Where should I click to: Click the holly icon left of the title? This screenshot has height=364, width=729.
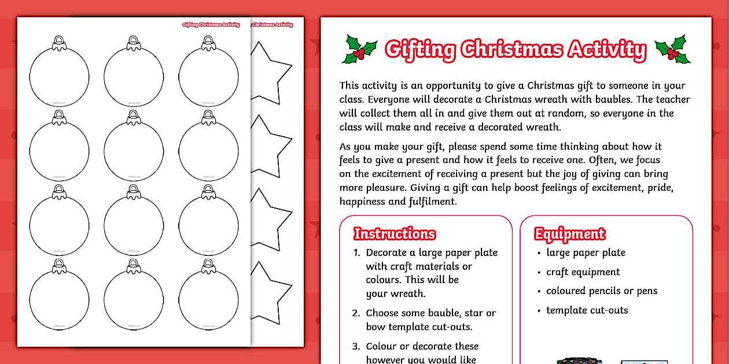pos(360,49)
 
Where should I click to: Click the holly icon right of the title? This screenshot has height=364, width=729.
pos(672,49)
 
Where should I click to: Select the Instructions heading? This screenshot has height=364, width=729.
pos(395,234)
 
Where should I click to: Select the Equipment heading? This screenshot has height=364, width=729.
pos(569,234)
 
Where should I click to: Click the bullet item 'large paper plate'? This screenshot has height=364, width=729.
pos(586,252)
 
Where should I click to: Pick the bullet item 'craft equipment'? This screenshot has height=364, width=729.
pos(583,272)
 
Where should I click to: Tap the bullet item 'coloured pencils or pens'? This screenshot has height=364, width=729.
pos(602,291)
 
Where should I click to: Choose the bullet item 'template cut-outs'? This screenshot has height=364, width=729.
pos(587,310)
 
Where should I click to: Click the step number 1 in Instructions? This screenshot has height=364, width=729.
pos(356,253)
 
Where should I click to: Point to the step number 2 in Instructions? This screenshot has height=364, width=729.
pos(356,313)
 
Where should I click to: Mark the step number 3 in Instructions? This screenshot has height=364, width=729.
pos(356,347)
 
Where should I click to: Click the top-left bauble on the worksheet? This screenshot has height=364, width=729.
pos(59,77)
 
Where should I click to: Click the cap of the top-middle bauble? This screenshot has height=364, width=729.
pos(134,42)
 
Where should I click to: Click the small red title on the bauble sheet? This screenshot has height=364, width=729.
pos(211,25)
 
